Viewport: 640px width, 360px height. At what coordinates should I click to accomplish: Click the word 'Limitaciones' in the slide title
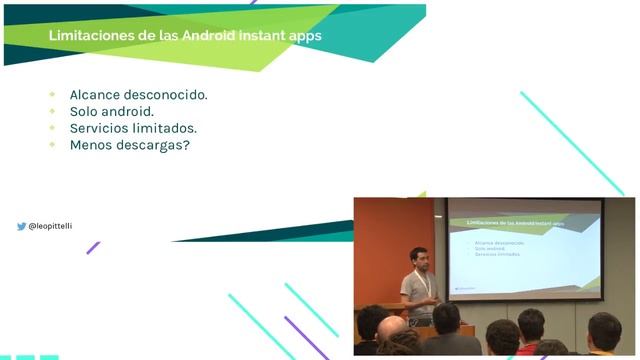(x=93, y=36)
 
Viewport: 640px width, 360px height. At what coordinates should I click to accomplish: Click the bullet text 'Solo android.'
(x=111, y=111)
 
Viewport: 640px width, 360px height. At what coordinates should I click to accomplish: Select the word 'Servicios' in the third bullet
(x=103, y=128)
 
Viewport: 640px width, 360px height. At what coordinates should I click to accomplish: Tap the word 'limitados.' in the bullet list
(x=169, y=128)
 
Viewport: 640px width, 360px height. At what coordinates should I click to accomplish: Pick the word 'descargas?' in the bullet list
(x=155, y=145)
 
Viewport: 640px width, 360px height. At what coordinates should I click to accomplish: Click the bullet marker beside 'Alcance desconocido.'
(x=52, y=94)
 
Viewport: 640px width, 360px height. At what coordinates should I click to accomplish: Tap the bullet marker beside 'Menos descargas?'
(x=52, y=145)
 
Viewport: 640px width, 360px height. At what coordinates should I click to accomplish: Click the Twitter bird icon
(x=21, y=227)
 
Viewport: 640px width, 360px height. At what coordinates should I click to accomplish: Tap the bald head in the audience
(x=392, y=328)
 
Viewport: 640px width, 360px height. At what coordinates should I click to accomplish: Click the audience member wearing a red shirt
(x=529, y=330)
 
